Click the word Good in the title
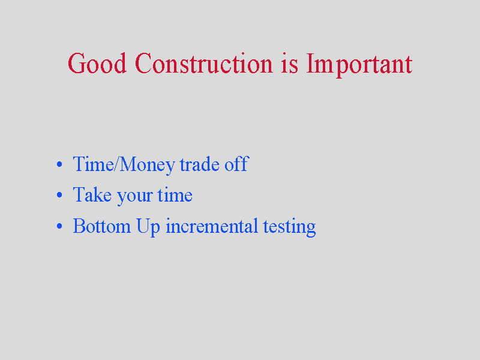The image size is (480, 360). click(97, 63)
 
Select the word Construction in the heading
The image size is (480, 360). click(203, 63)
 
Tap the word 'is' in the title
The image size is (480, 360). click(289, 63)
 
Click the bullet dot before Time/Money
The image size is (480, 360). click(59, 164)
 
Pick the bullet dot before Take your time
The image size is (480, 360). click(59, 195)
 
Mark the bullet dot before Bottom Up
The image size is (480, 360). click(59, 226)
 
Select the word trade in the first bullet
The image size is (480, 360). click(200, 164)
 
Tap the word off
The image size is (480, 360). click(236, 163)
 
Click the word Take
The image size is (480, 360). click(92, 194)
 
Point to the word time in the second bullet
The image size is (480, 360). click(175, 194)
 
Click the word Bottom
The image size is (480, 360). click(101, 226)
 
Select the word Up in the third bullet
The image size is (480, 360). click(148, 228)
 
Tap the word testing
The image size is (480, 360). click(289, 228)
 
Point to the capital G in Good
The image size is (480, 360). click(77, 63)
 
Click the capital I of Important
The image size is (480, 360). click(310, 64)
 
